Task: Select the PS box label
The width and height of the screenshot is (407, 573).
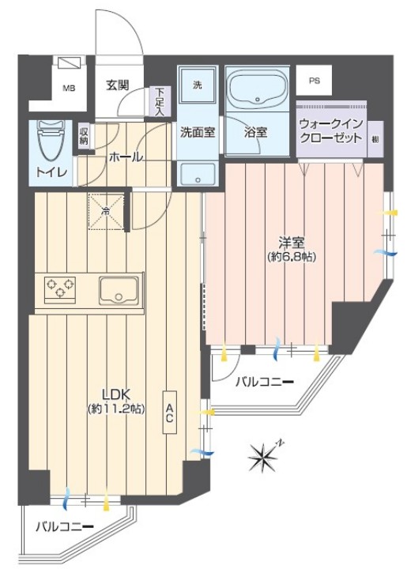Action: tap(314, 80)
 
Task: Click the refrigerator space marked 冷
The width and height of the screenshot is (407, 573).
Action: tap(105, 209)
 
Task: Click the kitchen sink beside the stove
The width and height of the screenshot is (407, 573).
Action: tap(119, 290)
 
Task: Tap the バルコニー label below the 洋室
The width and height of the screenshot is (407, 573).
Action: tap(265, 383)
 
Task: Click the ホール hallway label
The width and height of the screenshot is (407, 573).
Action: tap(126, 156)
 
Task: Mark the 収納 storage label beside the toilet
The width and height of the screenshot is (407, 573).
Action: tap(84, 136)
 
